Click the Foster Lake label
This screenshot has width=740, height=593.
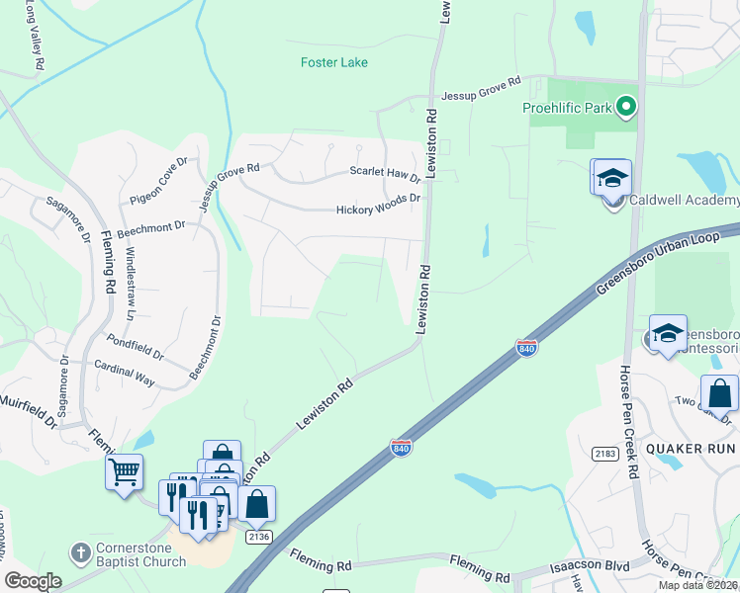(334, 62)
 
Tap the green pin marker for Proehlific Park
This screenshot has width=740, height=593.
(625, 105)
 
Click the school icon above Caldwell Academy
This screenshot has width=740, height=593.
(611, 178)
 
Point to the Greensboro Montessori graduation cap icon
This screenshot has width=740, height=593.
(668, 334)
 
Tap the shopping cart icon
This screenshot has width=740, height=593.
(124, 472)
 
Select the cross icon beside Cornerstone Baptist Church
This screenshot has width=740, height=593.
(79, 550)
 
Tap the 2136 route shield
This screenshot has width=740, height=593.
(255, 536)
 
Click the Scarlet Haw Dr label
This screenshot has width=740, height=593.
(385, 172)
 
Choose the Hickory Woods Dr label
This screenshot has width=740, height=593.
(378, 210)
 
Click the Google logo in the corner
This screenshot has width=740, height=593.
(33, 581)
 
